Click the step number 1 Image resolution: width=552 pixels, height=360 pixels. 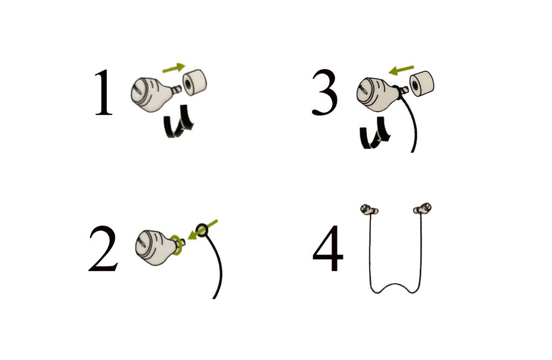click(x=103, y=92)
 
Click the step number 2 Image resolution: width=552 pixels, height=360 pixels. click(x=103, y=248)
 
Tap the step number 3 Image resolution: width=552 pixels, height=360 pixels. click(x=324, y=92)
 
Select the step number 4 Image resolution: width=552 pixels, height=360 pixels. click(x=328, y=248)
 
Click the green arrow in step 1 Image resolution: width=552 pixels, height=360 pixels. click(x=174, y=67)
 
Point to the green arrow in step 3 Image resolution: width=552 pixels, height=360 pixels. click(x=401, y=70)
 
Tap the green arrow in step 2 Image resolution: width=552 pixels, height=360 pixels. click(x=203, y=229)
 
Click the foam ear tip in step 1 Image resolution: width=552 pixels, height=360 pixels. click(x=194, y=82)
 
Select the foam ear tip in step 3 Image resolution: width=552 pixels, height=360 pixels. click(x=422, y=84)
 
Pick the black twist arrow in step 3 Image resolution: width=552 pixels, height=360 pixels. click(x=375, y=133)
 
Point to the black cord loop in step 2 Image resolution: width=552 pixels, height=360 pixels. click(x=202, y=229)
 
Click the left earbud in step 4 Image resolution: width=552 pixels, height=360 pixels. click(x=369, y=210)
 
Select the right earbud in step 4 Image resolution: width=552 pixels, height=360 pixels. click(x=422, y=208)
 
